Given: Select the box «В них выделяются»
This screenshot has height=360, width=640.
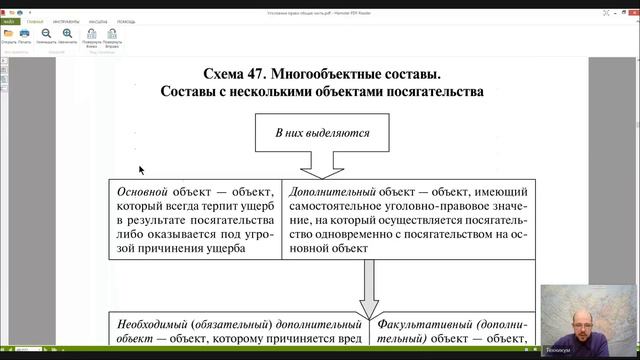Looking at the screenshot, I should tap(319, 132).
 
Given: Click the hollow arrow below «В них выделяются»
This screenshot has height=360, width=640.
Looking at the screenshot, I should tap(319, 163).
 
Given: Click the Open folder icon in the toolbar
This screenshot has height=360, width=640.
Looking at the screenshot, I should tap(9, 34).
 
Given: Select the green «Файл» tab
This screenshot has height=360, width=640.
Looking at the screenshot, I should tap(10, 19).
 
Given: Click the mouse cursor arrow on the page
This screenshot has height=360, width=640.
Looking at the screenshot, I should tap(142, 170).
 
